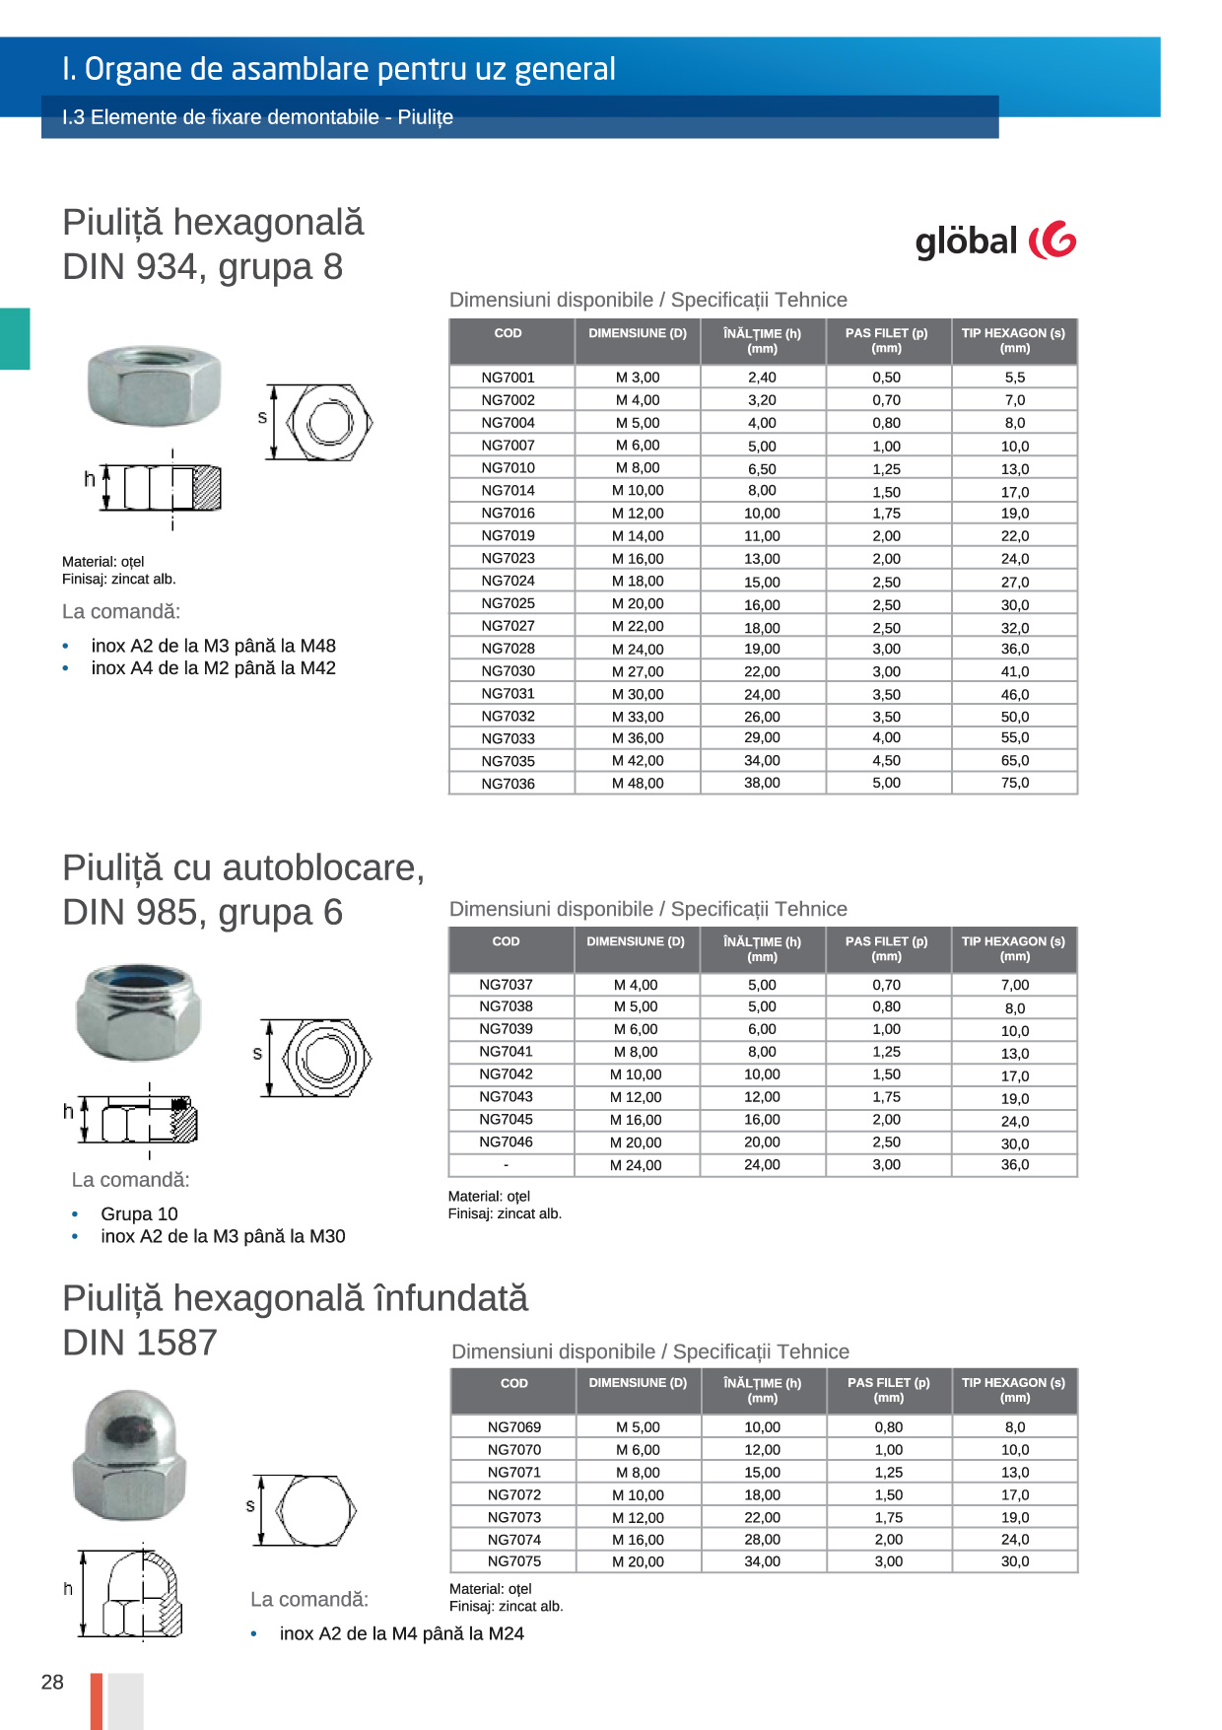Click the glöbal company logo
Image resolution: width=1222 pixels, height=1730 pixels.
995,242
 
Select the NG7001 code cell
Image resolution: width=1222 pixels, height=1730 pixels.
508,378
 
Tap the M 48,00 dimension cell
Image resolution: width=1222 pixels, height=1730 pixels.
638,784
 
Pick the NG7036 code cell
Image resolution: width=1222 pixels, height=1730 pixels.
508,784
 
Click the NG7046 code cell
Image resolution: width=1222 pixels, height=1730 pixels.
506,1142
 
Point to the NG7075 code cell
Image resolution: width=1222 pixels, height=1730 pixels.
513,1561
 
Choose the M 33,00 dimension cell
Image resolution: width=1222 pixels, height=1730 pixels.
638,717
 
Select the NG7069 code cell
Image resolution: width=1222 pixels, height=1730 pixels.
513,1427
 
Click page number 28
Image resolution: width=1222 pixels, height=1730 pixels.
52,1682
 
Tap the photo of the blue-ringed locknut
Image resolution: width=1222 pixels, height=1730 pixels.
138,1012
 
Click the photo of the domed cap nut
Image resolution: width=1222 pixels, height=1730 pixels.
129,1455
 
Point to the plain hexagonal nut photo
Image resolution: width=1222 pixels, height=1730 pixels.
154,385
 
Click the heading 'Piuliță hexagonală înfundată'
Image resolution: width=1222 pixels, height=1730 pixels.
295,1298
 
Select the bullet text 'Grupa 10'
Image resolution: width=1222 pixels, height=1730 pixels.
139,1214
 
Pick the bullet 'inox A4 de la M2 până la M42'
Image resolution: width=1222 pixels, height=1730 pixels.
213,668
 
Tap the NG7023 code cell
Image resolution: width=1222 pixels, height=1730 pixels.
508,558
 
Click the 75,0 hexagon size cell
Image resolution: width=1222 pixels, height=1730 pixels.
1014,784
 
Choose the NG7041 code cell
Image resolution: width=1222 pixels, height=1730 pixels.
506,1052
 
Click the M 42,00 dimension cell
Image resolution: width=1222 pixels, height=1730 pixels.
638,761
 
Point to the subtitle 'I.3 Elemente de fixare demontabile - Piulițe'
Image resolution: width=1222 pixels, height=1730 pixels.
257,117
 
